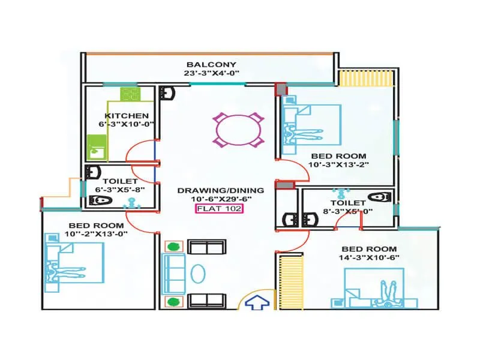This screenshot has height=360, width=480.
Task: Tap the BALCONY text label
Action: pyautogui.click(x=211, y=64)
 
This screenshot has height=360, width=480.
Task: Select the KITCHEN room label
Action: pyautogui.click(x=127, y=116)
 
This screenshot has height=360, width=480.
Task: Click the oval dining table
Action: pyautogui.click(x=238, y=130)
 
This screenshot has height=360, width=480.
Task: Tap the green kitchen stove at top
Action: pyautogui.click(x=130, y=95)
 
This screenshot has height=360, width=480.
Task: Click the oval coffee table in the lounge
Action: pyautogui.click(x=199, y=273)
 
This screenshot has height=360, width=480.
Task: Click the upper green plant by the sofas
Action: pyautogui.click(x=174, y=246)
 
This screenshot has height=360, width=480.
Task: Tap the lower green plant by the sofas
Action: pyautogui.click(x=174, y=301)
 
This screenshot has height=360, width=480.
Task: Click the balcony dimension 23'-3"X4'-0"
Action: pyautogui.click(x=211, y=74)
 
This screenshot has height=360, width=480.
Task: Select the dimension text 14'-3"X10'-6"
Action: pyautogui.click(x=369, y=258)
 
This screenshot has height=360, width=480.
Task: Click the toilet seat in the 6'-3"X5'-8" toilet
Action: pyautogui.click(x=104, y=200)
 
